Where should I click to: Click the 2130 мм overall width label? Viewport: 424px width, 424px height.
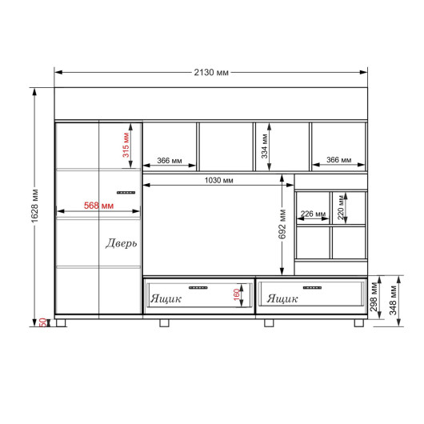point(211,73)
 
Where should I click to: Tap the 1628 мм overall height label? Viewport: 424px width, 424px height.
point(35,206)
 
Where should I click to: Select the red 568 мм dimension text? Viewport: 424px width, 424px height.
point(98,206)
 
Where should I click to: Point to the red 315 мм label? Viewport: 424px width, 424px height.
point(126,145)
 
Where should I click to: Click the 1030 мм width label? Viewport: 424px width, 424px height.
point(218,180)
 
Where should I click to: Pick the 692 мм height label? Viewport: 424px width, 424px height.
point(282,224)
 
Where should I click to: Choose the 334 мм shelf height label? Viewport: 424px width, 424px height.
point(265,146)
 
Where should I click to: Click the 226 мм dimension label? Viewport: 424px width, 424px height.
point(313,214)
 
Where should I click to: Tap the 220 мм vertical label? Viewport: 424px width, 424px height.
point(342,207)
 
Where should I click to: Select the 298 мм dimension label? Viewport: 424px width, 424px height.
point(374,297)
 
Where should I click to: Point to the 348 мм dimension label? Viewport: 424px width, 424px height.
point(393,301)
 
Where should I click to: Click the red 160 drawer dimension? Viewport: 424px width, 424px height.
point(237,294)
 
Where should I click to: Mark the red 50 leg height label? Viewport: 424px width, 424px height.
point(43,322)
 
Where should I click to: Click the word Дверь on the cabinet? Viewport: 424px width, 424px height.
point(121,243)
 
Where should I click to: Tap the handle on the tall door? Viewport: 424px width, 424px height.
point(126,193)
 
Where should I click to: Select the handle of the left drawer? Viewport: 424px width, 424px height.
point(198,287)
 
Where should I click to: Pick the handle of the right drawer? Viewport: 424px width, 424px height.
point(312,287)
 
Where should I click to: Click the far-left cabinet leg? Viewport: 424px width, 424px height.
point(61,323)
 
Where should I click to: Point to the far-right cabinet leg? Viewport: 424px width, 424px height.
point(359,323)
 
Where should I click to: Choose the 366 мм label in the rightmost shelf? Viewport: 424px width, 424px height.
point(339,160)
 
